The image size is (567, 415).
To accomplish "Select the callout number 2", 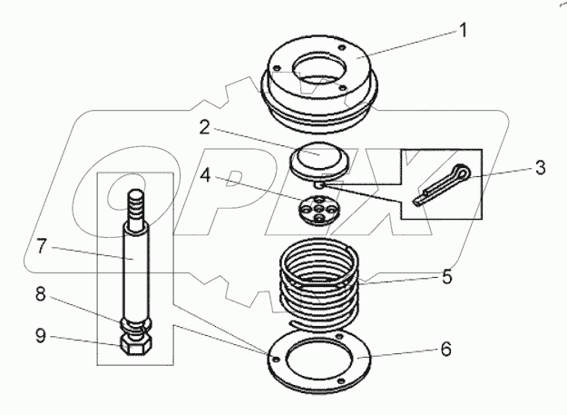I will (x=206, y=127).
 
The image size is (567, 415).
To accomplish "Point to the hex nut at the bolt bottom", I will (x=135, y=346).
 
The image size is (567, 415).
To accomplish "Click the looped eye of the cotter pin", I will (x=464, y=170).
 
